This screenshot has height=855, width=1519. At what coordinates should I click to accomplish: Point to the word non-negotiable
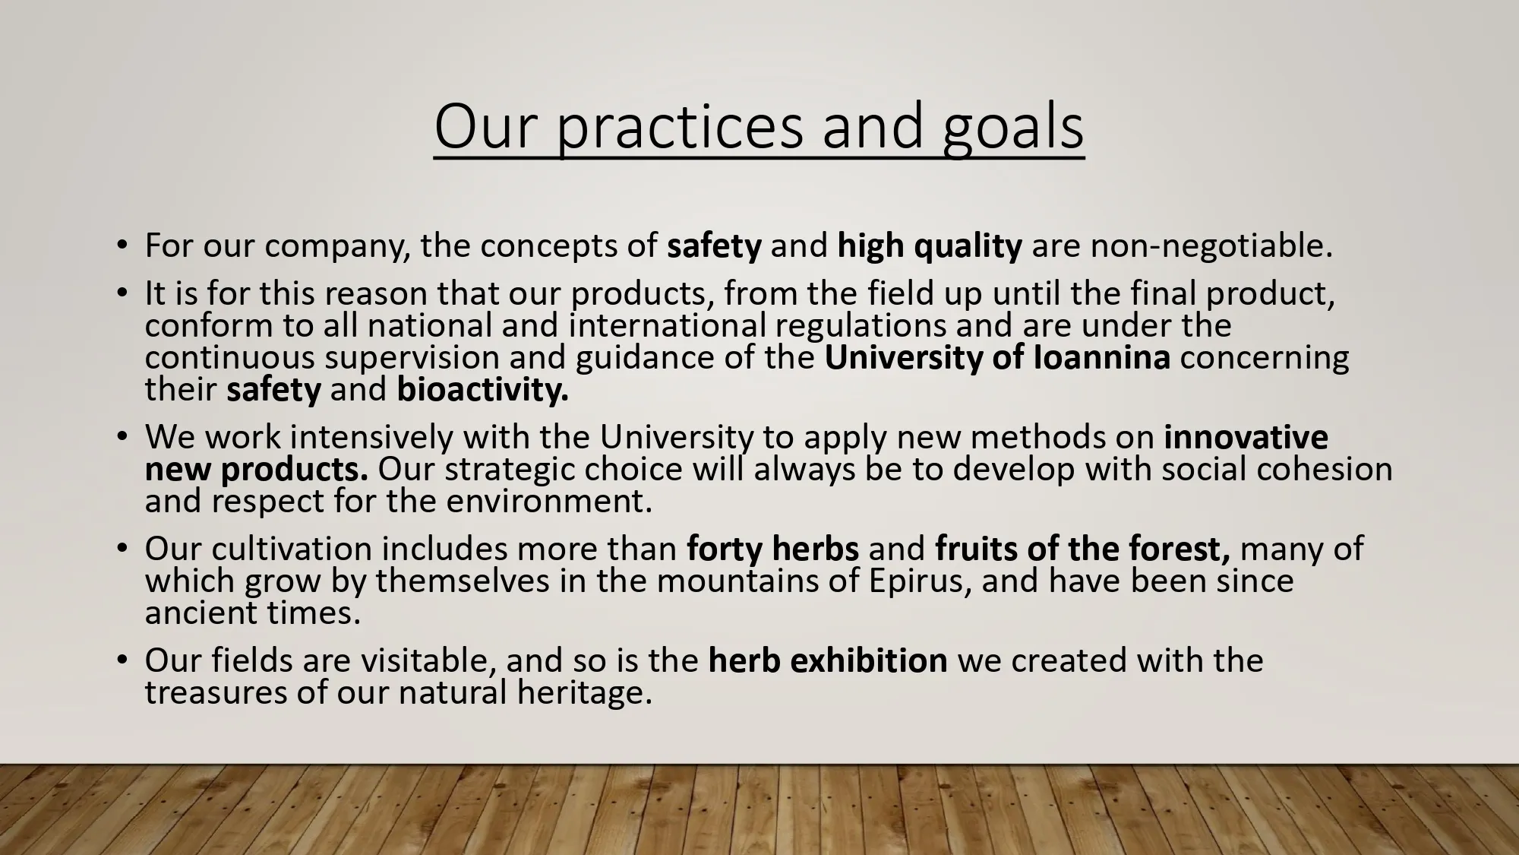[1211, 245]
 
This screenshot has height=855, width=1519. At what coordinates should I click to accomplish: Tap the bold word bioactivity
[482, 391]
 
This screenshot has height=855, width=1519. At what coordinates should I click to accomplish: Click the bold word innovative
[1246, 437]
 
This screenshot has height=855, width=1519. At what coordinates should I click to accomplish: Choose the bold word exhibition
[869, 660]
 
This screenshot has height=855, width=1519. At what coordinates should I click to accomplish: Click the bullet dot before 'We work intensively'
[122, 438]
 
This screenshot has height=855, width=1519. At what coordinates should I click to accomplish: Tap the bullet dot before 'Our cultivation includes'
[122, 549]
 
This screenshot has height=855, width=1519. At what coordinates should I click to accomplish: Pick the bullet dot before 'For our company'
[122, 246]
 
